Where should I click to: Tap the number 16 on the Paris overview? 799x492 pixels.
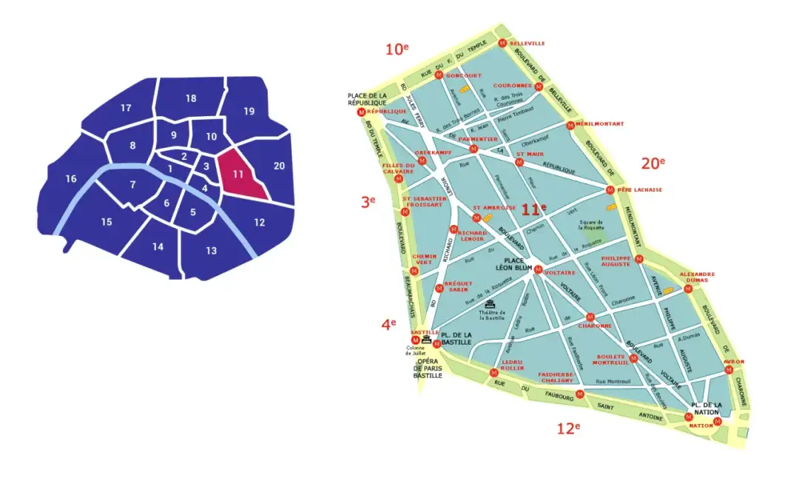click(71, 178)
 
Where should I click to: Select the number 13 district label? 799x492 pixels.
click(212, 251)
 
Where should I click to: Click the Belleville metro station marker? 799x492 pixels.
click(503, 43)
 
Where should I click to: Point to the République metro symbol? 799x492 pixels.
click(361, 112)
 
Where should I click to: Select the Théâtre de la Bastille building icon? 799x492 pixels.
click(489, 304)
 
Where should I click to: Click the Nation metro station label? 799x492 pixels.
click(701, 426)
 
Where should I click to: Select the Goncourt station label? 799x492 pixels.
click(462, 75)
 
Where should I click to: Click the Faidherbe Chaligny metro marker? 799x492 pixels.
click(580, 394)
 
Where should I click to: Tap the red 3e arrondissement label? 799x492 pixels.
click(368, 200)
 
